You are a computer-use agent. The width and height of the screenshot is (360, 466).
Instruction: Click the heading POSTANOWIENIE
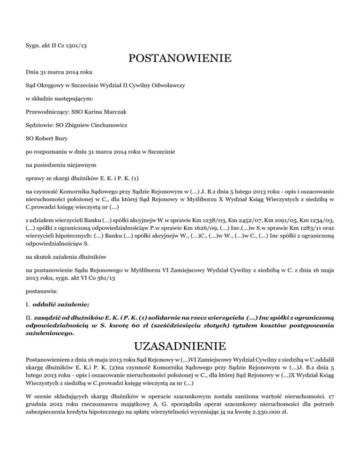(180, 60)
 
